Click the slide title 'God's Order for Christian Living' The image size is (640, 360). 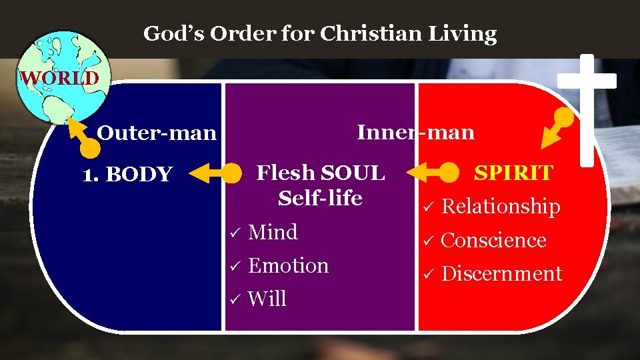(320, 33)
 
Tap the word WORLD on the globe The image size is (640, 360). (59, 78)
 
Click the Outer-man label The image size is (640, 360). (157, 133)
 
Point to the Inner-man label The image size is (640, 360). (415, 132)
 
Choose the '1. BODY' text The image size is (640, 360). (127, 175)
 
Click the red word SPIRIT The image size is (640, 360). (513, 173)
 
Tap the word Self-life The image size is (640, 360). (320, 198)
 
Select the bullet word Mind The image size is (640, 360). (273, 233)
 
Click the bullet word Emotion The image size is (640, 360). (288, 266)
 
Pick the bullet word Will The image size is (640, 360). (267, 299)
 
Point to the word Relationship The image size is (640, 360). (501, 207)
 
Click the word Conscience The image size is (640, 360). (493, 240)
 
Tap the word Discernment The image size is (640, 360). (501, 273)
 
